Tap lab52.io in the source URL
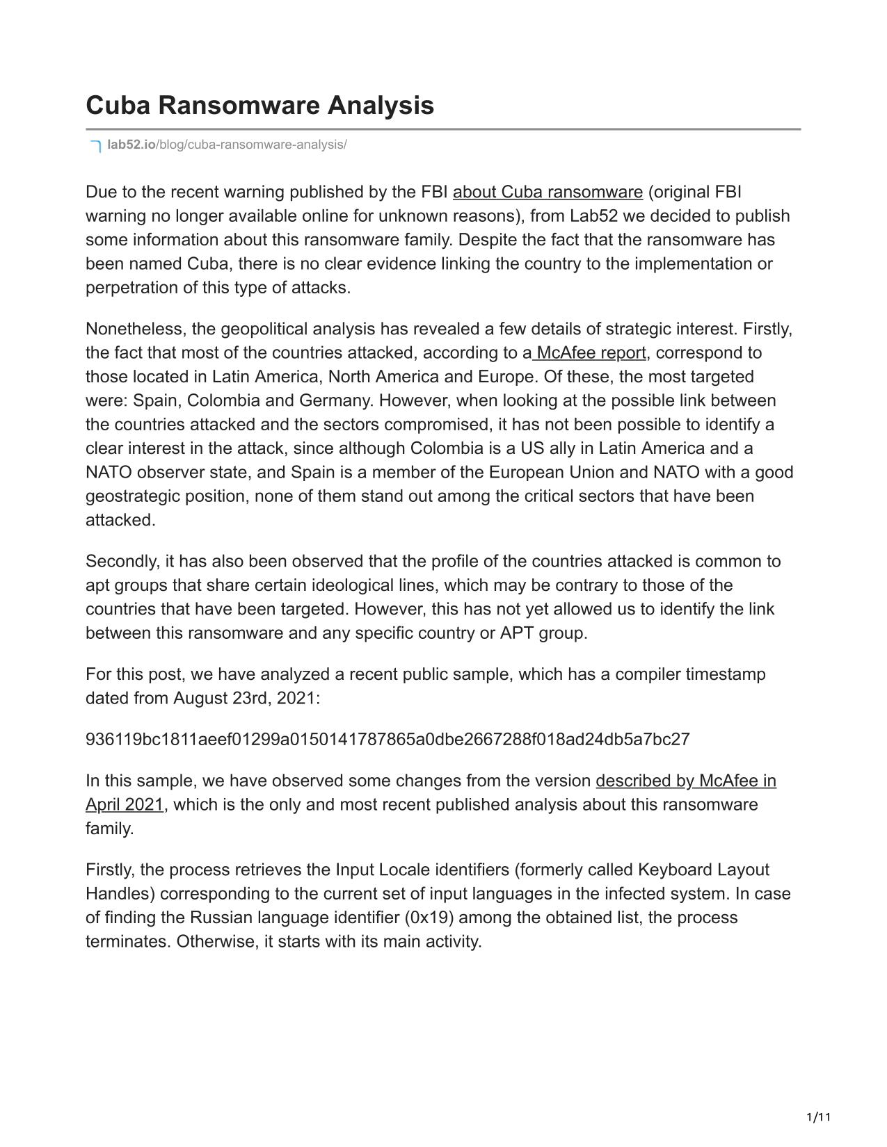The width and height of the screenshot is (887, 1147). (x=131, y=145)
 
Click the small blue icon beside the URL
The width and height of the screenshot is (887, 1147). (x=96, y=146)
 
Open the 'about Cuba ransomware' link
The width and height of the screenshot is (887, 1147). (x=548, y=192)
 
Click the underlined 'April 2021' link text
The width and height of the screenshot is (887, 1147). (x=125, y=804)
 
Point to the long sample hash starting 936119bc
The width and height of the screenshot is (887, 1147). (x=387, y=739)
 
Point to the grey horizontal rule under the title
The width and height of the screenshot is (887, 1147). (x=443, y=129)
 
